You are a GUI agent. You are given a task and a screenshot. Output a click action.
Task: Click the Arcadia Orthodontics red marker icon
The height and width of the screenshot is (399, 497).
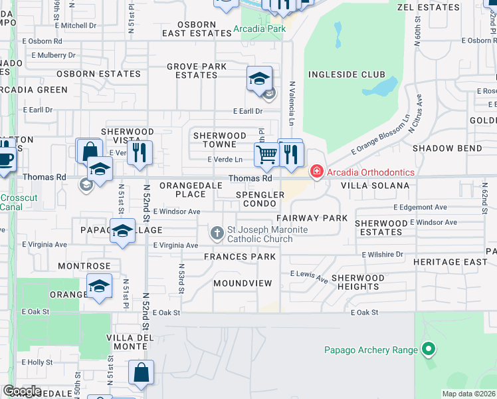(317, 172)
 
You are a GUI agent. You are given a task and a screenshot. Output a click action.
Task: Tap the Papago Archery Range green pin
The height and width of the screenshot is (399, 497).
(429, 349)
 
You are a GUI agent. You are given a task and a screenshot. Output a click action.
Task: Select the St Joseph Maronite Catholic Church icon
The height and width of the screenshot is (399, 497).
(217, 233)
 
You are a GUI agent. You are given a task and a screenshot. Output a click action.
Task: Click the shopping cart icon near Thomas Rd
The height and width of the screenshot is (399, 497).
(266, 155)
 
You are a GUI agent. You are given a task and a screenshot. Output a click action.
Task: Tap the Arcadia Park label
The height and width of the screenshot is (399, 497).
(260, 29)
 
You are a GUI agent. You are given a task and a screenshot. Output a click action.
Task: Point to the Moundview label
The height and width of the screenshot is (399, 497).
(243, 283)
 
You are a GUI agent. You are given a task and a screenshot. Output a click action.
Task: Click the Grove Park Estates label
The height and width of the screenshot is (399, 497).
(197, 70)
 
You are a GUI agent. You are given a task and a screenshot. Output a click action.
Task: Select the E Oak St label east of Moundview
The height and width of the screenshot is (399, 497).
(365, 312)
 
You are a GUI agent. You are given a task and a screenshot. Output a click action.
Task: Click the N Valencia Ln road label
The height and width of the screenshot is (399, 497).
(292, 104)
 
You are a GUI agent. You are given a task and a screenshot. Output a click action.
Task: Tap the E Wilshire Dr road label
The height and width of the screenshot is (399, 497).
(382, 255)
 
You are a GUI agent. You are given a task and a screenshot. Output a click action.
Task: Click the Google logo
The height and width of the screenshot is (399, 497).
(23, 391)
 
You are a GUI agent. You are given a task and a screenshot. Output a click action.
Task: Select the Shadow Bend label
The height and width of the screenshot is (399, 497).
(447, 148)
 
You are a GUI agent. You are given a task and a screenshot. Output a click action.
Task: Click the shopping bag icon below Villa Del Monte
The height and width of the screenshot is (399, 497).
(142, 374)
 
